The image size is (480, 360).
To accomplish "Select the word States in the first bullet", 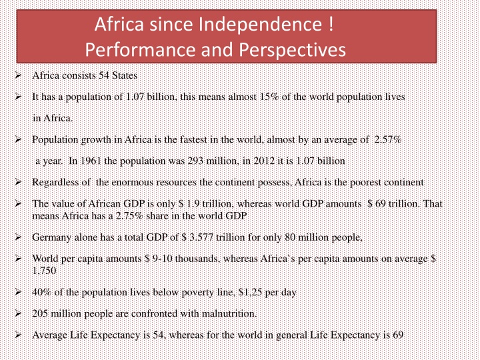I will point(124,75).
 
